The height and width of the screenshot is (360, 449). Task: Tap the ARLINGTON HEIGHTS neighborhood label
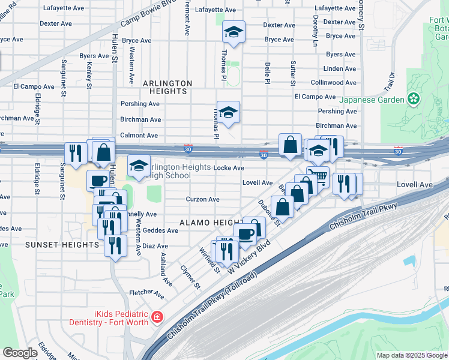[167, 87]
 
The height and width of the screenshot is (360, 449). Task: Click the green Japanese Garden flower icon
[413, 98]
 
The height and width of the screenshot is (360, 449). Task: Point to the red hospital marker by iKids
[157, 317]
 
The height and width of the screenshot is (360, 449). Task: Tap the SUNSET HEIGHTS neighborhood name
[62, 245]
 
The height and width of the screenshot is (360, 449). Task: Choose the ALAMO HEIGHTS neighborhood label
[204, 223]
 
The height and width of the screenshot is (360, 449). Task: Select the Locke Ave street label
[229, 168]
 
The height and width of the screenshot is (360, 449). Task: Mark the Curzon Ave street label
[202, 199]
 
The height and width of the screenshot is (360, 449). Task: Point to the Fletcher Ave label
[146, 294]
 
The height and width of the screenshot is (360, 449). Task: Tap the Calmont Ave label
[140, 136]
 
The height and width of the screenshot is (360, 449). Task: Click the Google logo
[20, 353]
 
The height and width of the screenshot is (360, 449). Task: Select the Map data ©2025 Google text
[411, 355]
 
